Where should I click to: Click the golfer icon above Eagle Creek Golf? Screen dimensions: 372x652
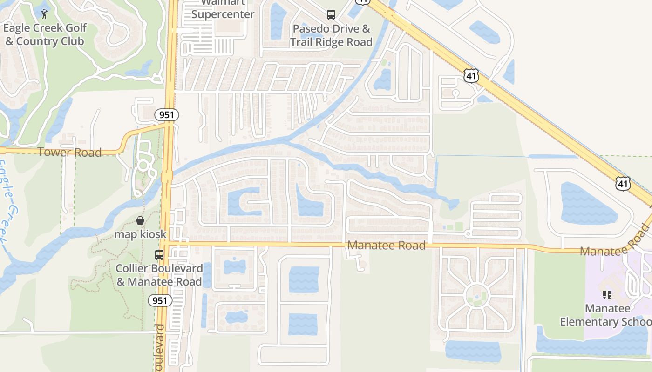tap(44, 14)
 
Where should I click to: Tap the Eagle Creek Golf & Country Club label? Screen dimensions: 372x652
tap(45, 34)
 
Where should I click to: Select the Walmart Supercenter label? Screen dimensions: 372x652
tap(223, 10)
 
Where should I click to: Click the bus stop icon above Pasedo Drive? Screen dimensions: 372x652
tap(331, 15)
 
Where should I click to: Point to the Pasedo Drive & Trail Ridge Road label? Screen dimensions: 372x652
tap(331, 35)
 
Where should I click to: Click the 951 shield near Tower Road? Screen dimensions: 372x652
tap(167, 115)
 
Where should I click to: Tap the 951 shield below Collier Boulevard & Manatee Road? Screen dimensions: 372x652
tap(160, 300)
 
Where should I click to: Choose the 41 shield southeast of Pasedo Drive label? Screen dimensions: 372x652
tap(471, 75)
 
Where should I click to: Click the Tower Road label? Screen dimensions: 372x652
tap(69, 152)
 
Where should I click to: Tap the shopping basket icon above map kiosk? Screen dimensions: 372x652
tap(140, 220)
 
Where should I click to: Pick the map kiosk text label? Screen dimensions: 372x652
tap(140, 234)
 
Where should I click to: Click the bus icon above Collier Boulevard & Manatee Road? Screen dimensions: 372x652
tap(159, 255)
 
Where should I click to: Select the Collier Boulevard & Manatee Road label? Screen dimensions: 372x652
tap(159, 275)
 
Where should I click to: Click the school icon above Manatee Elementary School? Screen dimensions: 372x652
tap(607, 294)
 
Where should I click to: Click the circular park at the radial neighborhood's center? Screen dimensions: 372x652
tap(476, 295)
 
